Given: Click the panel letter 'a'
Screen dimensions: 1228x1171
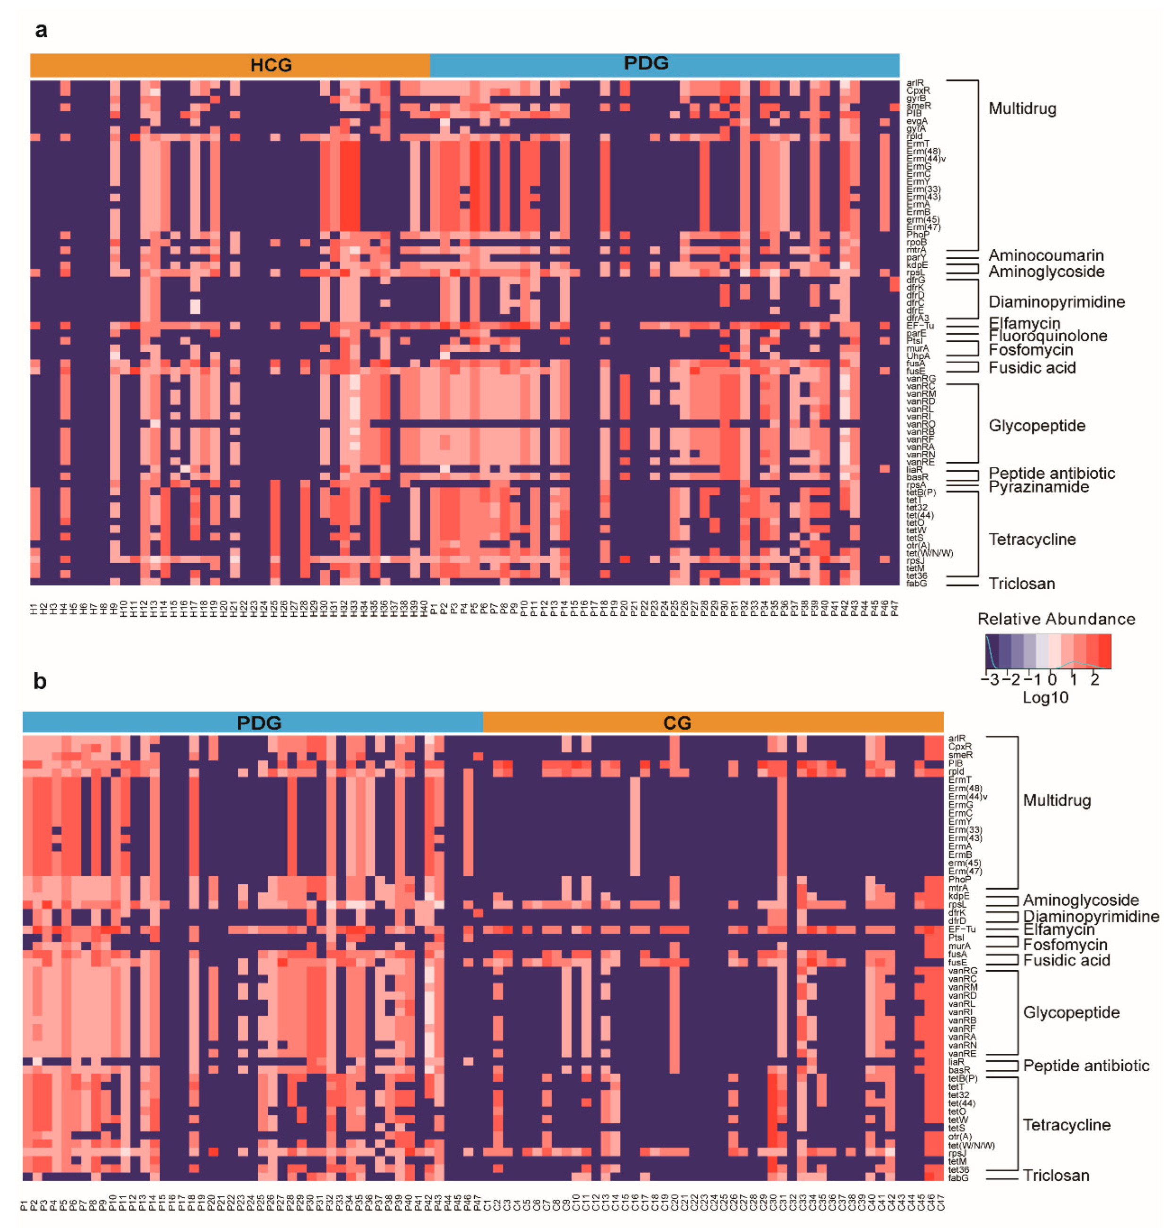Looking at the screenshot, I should coord(41,30).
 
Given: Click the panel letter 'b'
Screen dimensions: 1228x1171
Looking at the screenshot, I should coord(40,681).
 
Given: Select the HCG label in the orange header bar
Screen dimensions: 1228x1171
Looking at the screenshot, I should coord(271,65).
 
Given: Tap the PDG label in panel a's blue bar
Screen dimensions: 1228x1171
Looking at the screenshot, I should coord(646,63).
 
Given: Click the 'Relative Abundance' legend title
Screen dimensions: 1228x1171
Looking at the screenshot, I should coord(1056,619).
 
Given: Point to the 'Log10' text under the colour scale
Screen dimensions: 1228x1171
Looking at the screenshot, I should coord(1045,698).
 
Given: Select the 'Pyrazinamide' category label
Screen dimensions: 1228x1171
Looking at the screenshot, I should coord(1039,487).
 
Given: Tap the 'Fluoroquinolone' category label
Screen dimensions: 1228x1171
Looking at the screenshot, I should coord(1047,336).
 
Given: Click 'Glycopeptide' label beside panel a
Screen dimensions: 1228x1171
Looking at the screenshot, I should coord(1036,425).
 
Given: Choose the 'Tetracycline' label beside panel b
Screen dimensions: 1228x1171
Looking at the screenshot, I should coord(1066,1125).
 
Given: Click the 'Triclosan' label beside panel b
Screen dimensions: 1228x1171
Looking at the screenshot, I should coord(1056,1176).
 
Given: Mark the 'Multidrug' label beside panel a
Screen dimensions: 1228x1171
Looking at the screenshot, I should coord(1022,109).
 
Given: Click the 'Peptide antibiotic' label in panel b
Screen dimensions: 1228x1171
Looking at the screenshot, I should coord(1086,1066).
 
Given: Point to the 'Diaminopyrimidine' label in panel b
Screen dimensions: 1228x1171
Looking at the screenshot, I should coord(1091,916).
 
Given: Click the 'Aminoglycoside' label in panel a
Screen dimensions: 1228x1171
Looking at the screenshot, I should coord(1046,271).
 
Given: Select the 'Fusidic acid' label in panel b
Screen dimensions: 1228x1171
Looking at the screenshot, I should coord(1066,960).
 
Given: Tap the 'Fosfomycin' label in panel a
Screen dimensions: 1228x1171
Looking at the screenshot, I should coord(1031,350).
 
